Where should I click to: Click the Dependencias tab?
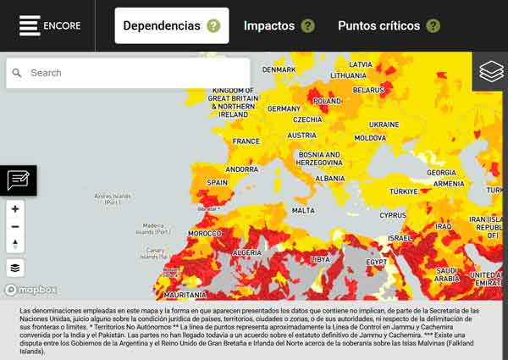tap(162, 25)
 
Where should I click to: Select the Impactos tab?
tap(269, 25)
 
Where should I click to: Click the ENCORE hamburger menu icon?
tap(30, 25)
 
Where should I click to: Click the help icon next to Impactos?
tap(307, 25)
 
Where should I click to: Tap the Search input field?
tap(135, 73)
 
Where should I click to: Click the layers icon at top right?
tap(491, 72)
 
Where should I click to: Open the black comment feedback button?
tap(18, 180)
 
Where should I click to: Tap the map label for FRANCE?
tap(246, 141)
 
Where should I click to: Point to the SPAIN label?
tap(218, 182)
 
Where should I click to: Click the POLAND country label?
tap(328, 101)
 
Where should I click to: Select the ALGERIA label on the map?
tap(246, 252)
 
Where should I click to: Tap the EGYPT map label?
tap(376, 262)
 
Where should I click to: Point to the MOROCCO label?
tap(204, 233)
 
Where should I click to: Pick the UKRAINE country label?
tap(384, 125)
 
